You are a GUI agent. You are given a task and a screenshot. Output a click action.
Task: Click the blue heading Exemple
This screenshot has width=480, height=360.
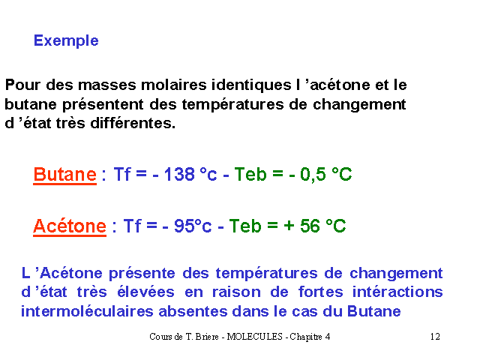coord(66,40)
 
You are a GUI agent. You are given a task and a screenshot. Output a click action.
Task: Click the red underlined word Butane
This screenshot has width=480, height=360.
coord(65,175)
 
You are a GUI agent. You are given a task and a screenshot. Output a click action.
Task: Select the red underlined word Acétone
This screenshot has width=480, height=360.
coord(70,226)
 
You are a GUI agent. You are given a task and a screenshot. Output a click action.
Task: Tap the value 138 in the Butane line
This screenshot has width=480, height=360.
coord(179,175)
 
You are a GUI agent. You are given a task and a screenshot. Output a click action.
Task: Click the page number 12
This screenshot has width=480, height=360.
coord(435,337)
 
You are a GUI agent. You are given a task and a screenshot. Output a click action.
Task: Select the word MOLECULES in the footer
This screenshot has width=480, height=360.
coord(254,337)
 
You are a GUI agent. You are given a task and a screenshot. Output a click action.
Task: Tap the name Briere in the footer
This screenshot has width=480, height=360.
coord(207,337)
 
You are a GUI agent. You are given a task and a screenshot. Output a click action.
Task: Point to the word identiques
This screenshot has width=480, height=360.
coord(251,85)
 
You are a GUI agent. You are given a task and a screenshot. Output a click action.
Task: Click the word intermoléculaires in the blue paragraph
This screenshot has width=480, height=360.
coord(87,312)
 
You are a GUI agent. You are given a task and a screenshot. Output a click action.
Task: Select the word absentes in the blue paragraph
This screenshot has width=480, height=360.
coord(193,312)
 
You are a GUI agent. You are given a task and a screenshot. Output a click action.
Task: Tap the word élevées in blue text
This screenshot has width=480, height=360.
coord(145,292)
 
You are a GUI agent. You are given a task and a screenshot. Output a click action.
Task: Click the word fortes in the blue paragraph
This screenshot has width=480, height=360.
coord(320,292)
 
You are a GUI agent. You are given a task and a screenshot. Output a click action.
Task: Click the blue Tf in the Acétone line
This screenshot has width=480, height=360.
coord(132,226)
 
